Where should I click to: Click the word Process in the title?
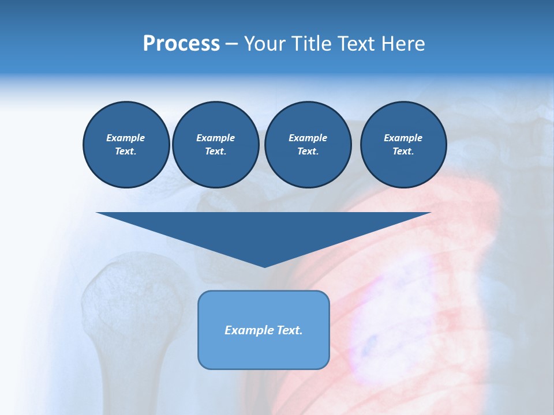point(181,44)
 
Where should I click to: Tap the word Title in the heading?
point(310,44)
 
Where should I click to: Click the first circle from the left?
point(126,145)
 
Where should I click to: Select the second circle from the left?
point(216,145)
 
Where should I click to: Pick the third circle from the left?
point(308,145)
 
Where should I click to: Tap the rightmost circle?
point(403,145)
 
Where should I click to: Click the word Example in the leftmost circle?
point(126,138)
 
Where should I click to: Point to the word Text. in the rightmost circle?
point(403,152)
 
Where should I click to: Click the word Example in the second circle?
point(216,138)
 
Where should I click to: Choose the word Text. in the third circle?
point(308,152)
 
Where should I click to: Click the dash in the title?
point(231,44)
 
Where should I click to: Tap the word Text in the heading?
point(354,44)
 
